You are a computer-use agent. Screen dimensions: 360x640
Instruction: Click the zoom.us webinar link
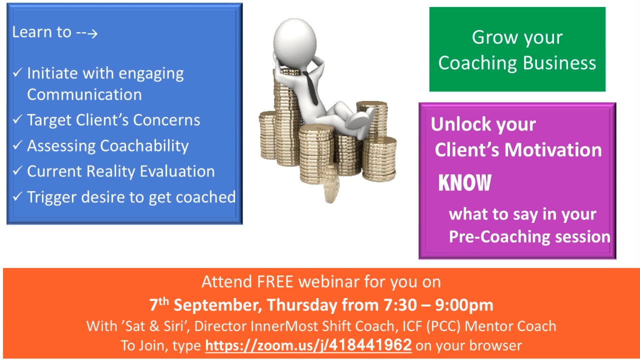coord(308,345)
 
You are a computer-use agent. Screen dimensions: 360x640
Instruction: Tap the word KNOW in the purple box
coord(464,183)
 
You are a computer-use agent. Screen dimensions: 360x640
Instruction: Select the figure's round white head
coord(296,39)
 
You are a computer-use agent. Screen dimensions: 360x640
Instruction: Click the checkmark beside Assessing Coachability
coord(17,145)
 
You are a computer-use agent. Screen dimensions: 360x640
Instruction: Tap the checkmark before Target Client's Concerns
coord(17,120)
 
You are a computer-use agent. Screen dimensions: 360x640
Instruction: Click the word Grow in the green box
coord(490,37)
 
